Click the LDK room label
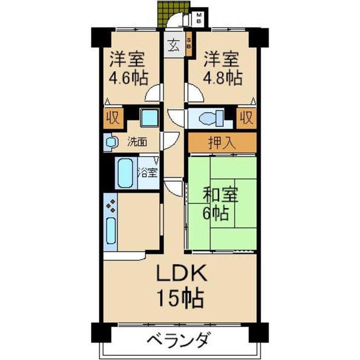[x=182, y=275]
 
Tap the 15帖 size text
[x=179, y=298]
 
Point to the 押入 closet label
[x=221, y=143]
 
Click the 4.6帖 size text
[x=128, y=78]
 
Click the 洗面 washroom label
[x=136, y=142]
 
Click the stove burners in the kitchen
[x=112, y=208]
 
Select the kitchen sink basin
[x=112, y=232]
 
